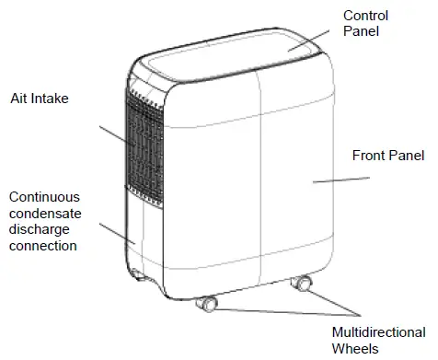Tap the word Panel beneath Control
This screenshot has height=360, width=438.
tap(362, 32)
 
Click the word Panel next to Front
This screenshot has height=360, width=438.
tap(407, 157)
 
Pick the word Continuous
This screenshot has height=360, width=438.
tap(45, 198)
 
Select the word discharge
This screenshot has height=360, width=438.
tap(41, 230)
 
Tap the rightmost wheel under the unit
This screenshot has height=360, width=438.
tap(300, 284)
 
